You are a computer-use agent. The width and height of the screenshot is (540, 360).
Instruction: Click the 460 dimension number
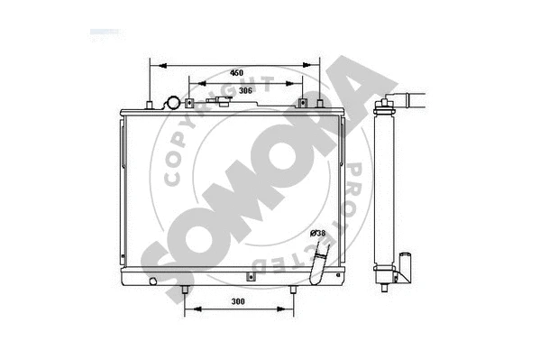point(236,71)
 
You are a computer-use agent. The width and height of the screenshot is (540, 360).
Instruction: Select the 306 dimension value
point(244,89)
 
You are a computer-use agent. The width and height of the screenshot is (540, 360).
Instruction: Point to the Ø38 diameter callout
point(317,233)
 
